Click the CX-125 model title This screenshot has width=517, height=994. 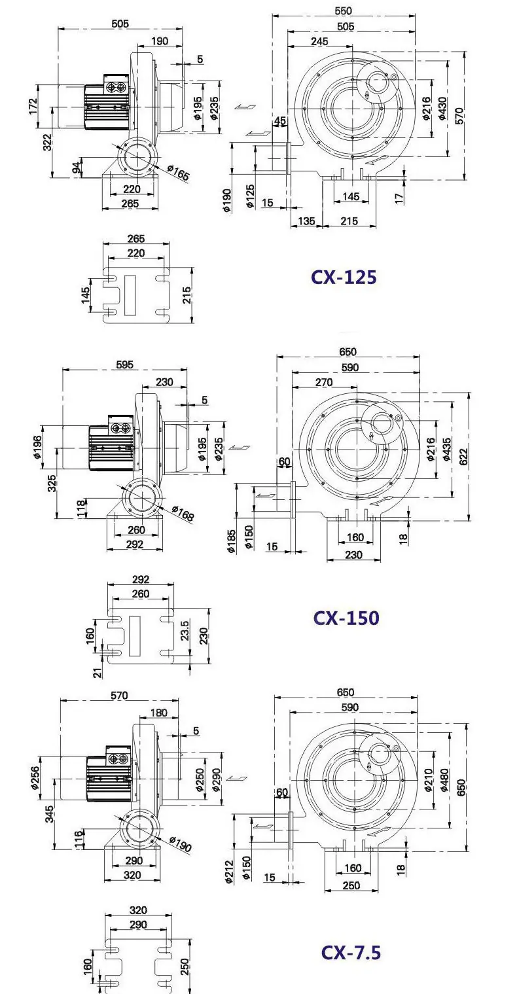(344, 277)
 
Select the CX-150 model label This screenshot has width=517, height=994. (346, 618)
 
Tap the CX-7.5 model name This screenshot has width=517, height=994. (351, 952)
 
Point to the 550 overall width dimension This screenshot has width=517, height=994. (343, 10)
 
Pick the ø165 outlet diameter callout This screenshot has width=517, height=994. (179, 172)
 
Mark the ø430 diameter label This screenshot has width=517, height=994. (442, 108)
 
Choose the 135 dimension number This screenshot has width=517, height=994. (306, 221)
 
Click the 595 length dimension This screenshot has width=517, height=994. (124, 364)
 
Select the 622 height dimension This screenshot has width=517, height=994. (463, 457)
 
